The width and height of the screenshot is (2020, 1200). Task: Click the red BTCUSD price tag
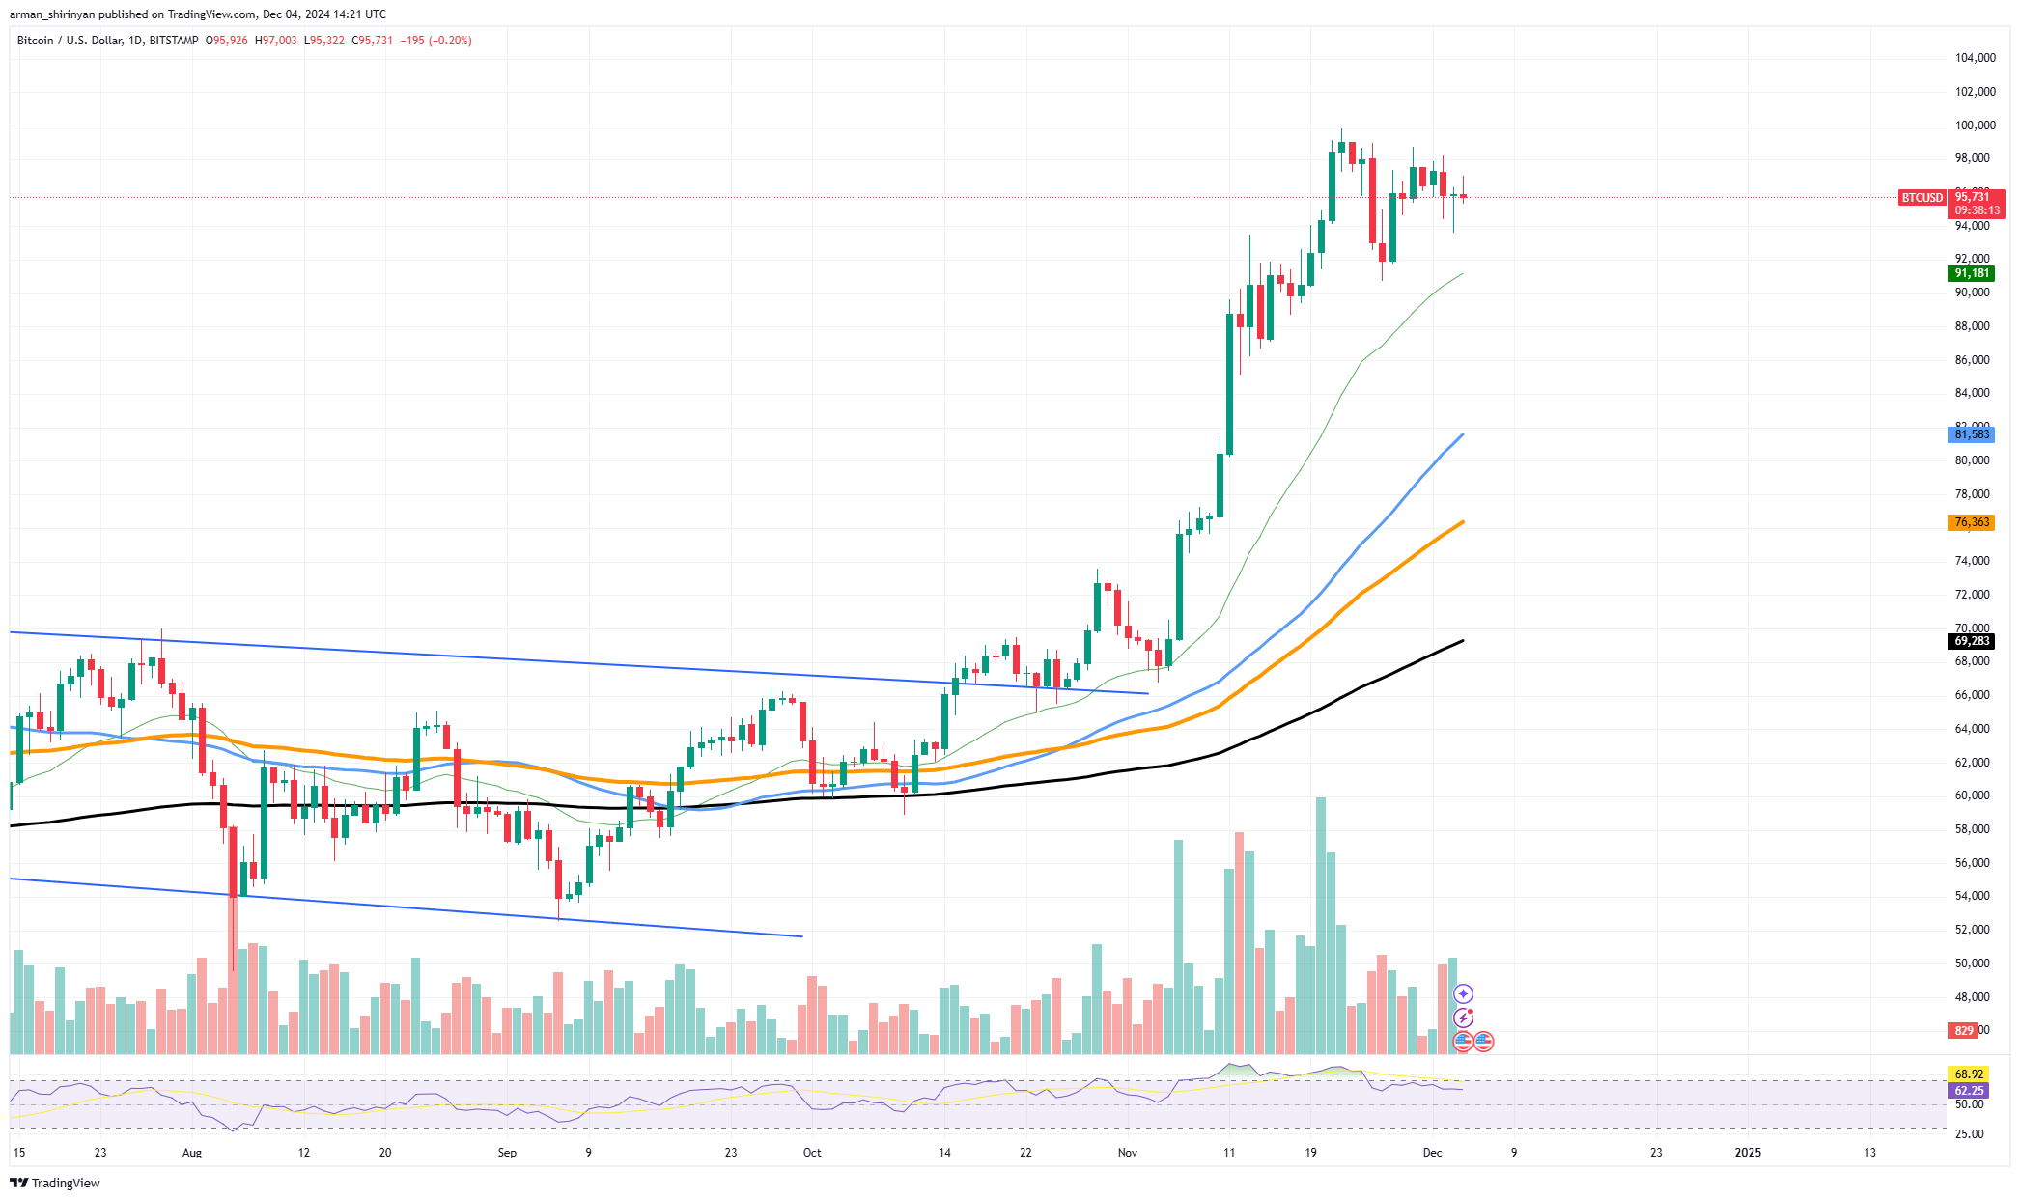point(1922,198)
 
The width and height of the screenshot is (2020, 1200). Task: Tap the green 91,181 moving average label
point(1971,273)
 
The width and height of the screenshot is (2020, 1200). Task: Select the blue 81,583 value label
point(1971,434)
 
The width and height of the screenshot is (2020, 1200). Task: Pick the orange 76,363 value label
point(1971,522)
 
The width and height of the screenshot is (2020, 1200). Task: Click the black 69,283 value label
point(1971,641)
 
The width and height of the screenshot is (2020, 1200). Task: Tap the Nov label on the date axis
point(1127,1153)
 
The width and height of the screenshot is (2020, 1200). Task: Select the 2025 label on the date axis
point(1748,1153)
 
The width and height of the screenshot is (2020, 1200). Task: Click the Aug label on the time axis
point(192,1153)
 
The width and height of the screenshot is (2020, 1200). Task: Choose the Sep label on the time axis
point(507,1153)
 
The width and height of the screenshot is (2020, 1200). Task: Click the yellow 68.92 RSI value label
point(1969,1074)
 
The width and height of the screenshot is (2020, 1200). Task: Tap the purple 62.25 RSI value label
point(1969,1091)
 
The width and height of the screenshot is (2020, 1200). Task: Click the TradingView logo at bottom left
point(56,1183)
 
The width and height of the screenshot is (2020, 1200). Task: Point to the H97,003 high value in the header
point(276,41)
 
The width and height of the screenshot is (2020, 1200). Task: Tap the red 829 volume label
point(1964,1031)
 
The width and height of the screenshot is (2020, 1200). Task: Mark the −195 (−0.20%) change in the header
point(436,41)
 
